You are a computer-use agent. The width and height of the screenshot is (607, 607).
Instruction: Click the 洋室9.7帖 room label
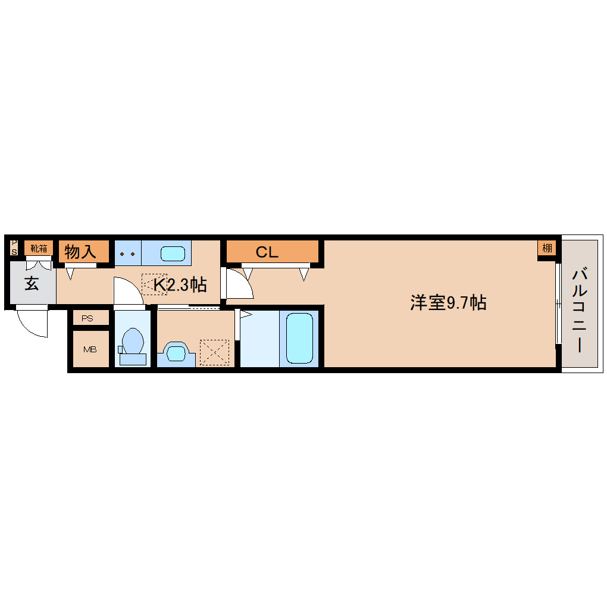pyautogui.click(x=448, y=303)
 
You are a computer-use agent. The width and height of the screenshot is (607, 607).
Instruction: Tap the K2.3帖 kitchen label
pyautogui.click(x=179, y=285)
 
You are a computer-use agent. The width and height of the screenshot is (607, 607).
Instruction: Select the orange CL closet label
pyautogui.click(x=267, y=252)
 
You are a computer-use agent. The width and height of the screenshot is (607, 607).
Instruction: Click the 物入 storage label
pyautogui.click(x=80, y=252)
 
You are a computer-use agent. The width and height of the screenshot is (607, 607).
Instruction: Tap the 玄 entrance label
pyautogui.click(x=32, y=284)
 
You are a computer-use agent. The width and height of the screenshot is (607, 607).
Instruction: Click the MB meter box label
pyautogui.click(x=90, y=349)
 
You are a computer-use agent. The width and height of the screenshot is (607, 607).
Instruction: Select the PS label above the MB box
pyautogui.click(x=87, y=318)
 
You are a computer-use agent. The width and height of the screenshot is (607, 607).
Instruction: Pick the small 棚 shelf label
pyautogui.click(x=546, y=248)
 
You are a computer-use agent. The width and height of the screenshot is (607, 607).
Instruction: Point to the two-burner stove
pyautogui.click(x=127, y=254)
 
